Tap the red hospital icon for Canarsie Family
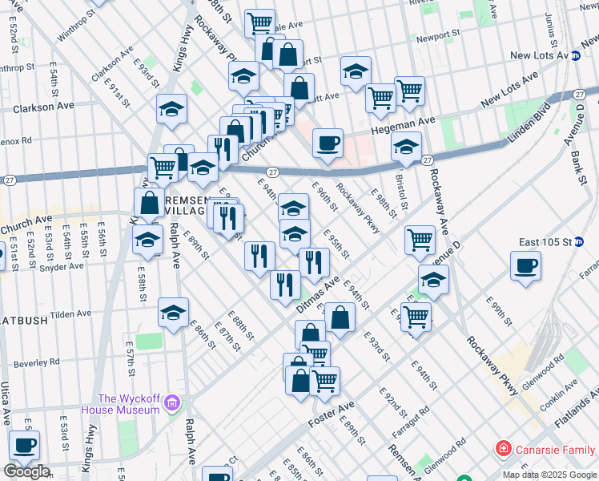(503, 448)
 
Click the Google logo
(26, 471)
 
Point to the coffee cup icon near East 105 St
(525, 265)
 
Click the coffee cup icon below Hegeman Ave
(328, 143)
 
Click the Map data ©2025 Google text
(549, 475)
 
